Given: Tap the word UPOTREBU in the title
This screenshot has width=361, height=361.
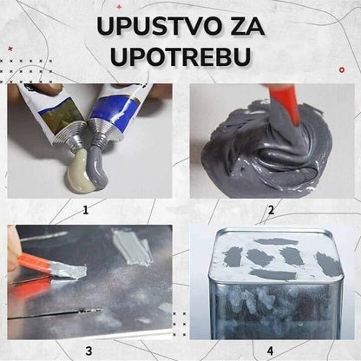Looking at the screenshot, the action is [x=180, y=56].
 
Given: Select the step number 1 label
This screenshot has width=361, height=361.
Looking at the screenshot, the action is [x=85, y=210].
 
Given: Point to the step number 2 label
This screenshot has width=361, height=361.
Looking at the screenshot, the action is [x=271, y=210].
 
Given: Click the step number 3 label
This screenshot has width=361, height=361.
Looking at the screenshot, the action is [x=89, y=351].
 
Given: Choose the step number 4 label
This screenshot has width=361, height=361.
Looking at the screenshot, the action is [x=270, y=351].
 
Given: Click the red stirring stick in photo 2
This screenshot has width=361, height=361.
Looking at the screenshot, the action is [x=284, y=102].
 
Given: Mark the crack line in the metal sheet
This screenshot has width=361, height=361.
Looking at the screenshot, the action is [x=55, y=314].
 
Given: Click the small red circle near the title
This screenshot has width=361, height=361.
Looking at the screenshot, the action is [x=342, y=70].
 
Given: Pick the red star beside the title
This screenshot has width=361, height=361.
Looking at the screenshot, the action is [x=10, y=49].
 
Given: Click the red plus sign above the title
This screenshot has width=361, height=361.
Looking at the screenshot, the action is [x=119, y=6].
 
